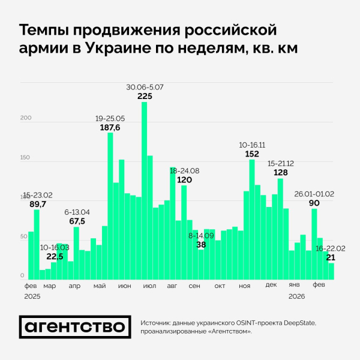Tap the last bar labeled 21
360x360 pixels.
click(331, 271)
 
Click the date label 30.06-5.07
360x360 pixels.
click(145, 87)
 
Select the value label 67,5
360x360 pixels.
click(77, 221)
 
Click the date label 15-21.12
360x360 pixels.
click(280, 163)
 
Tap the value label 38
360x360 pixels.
click(201, 245)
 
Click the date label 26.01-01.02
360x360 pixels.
click(314, 194)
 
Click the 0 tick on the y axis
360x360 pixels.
click(22, 276)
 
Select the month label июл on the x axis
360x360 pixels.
click(146, 286)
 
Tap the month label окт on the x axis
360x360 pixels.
click(220, 286)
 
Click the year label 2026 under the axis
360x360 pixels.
click(297, 296)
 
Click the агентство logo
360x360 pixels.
click(75, 326)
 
